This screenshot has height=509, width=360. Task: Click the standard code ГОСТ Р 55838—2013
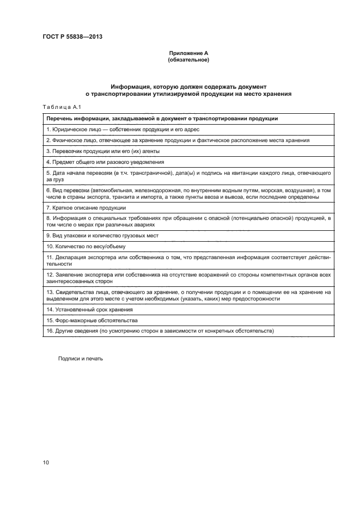click(x=72, y=37)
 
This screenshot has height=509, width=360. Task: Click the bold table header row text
click(x=162, y=118)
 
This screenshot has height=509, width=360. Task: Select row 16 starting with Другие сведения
click(x=160, y=331)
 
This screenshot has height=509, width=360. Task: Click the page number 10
click(x=46, y=463)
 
